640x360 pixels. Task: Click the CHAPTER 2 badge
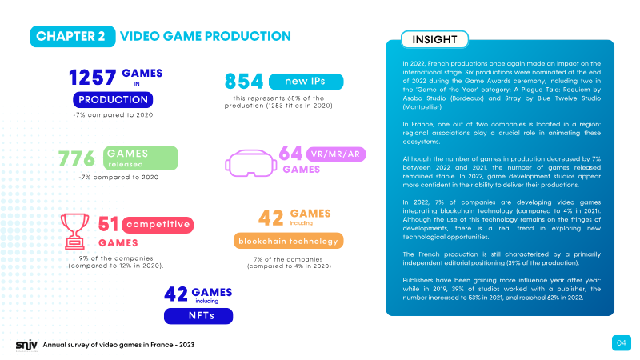pos(73,36)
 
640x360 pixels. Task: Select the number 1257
pos(93,78)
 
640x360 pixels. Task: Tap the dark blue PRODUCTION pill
pos(113,99)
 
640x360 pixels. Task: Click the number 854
pos(244,82)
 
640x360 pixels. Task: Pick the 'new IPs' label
pos(306,82)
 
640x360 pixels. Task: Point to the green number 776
pos(77,158)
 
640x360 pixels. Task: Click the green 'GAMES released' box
pos(141,158)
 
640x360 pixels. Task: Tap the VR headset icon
pos(250,163)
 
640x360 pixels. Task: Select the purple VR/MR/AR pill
pos(336,154)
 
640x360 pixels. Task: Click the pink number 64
pos(290,154)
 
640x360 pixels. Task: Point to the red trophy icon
pos(74,231)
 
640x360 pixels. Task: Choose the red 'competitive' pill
pos(158,225)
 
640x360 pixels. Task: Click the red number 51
pos(108,224)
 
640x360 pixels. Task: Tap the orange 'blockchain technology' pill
pos(288,241)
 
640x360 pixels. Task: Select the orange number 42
pos(270,218)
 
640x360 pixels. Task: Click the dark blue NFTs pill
pos(198,316)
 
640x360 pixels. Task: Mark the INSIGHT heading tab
pos(434,39)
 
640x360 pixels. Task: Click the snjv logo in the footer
pos(26,346)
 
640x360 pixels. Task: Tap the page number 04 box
pos(622,343)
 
